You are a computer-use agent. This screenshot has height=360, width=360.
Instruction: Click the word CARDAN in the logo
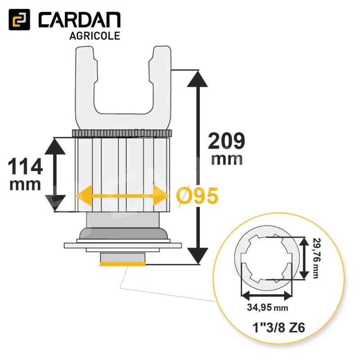[x=79, y=20]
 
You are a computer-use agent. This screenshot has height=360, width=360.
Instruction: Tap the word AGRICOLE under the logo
[x=95, y=36]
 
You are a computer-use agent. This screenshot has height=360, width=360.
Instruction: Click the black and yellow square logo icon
[x=19, y=19]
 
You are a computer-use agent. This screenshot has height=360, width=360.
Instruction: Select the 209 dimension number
[x=226, y=141]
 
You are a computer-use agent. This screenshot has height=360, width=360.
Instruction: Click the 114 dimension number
[x=25, y=166]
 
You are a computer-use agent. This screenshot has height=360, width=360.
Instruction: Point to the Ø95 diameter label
[x=198, y=196]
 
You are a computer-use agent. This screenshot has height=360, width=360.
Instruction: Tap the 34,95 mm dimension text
[x=267, y=307]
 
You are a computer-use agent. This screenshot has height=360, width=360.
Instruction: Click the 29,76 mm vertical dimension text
[x=317, y=258]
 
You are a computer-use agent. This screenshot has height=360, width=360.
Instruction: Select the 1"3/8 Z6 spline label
[x=279, y=328]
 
